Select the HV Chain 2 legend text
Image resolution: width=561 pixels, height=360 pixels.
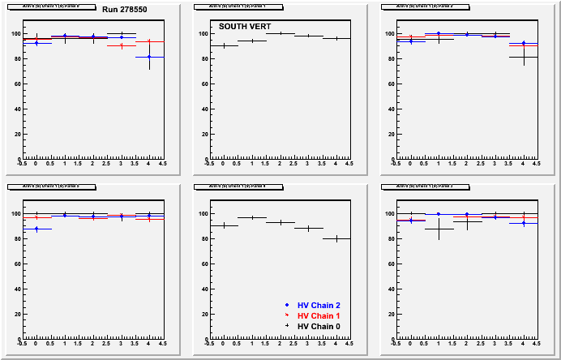(x=321, y=305)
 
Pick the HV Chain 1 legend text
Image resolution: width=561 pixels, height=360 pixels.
(x=321, y=315)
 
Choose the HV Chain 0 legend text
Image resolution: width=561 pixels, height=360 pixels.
(x=321, y=326)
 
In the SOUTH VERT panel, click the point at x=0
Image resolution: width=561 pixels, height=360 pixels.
(x=223, y=45)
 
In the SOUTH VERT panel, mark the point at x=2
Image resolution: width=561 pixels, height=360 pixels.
(x=280, y=33)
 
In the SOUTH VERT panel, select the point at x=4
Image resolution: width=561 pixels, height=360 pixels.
(x=336, y=38)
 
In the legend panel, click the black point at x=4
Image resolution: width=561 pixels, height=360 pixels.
(x=336, y=238)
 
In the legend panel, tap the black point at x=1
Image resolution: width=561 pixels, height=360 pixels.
(x=251, y=217)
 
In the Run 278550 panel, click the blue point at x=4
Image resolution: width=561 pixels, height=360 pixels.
(x=149, y=57)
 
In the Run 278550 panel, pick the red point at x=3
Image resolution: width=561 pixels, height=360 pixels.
(x=121, y=45)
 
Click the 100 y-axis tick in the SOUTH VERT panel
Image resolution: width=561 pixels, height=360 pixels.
(x=203, y=33)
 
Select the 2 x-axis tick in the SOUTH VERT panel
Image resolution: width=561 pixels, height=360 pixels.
(x=280, y=164)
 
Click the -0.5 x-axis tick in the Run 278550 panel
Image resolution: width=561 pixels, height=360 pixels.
(x=22, y=164)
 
